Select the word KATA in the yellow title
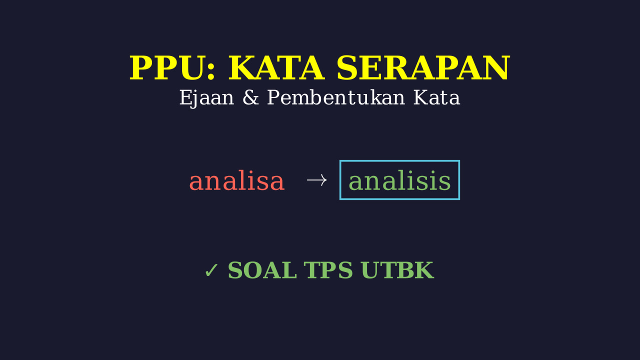pyautogui.click(x=276, y=68)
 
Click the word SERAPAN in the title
pyautogui.click(x=423, y=68)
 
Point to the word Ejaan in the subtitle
pyautogui.click(x=206, y=98)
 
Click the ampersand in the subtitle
pyautogui.click(x=250, y=97)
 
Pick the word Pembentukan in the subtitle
pyautogui.click(x=335, y=97)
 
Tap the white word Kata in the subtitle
pyautogui.click(x=436, y=97)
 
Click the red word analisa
pyautogui.click(x=237, y=180)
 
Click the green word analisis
pyautogui.click(x=399, y=180)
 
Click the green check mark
pyautogui.click(x=211, y=270)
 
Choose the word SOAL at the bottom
pyautogui.click(x=262, y=270)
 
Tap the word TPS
pyautogui.click(x=328, y=270)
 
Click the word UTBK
pyautogui.click(x=397, y=270)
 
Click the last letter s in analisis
pyautogui.click(x=444, y=183)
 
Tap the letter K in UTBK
pyautogui.click(x=423, y=270)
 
